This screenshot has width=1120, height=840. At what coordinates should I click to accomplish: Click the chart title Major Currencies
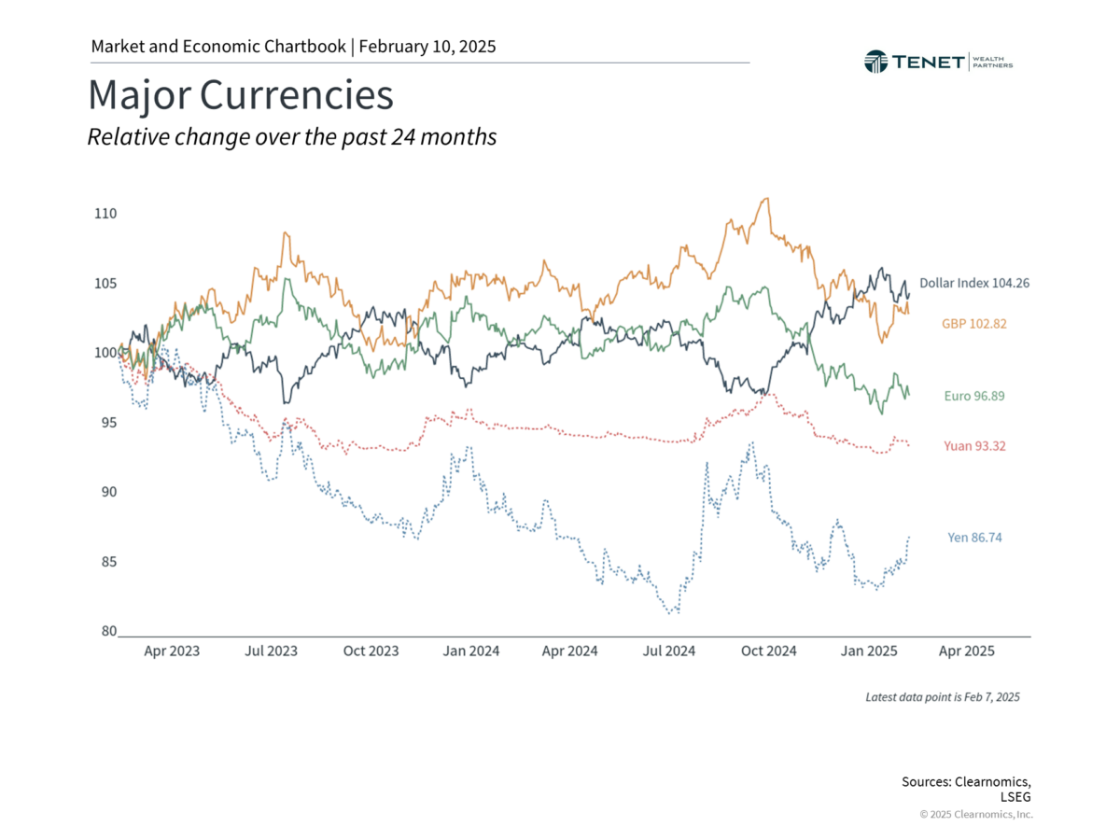(240, 96)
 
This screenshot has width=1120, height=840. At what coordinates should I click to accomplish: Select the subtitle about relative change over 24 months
(291, 137)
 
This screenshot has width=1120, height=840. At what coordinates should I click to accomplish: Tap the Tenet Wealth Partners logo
(938, 62)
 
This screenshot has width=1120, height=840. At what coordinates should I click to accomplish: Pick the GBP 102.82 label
(973, 323)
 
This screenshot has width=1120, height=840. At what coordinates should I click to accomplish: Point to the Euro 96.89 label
(973, 396)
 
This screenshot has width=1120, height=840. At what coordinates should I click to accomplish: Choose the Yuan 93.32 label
(973, 446)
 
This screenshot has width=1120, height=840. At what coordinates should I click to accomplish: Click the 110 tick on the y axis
(105, 214)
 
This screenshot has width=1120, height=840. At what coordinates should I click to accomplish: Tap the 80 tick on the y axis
(108, 632)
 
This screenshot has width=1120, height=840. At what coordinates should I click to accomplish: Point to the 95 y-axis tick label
(108, 423)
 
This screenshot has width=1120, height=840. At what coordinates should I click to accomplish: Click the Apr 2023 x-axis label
(172, 651)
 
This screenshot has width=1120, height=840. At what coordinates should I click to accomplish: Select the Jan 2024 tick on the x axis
(469, 651)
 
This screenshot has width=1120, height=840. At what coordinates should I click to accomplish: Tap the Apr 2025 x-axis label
(966, 651)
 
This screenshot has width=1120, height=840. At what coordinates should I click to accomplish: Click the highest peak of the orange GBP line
(766, 198)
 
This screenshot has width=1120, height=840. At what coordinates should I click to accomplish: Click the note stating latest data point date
(943, 697)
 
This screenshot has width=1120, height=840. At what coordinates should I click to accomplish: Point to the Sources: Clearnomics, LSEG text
(967, 789)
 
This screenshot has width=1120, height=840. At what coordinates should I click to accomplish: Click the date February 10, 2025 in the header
(427, 46)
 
